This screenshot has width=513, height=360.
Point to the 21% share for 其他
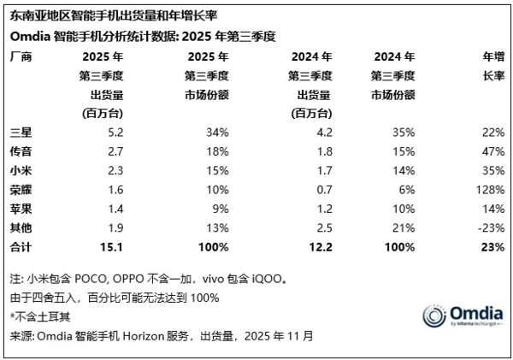pyautogui.click(x=404, y=227)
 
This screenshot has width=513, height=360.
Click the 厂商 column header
pyautogui.click(x=18, y=56)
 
